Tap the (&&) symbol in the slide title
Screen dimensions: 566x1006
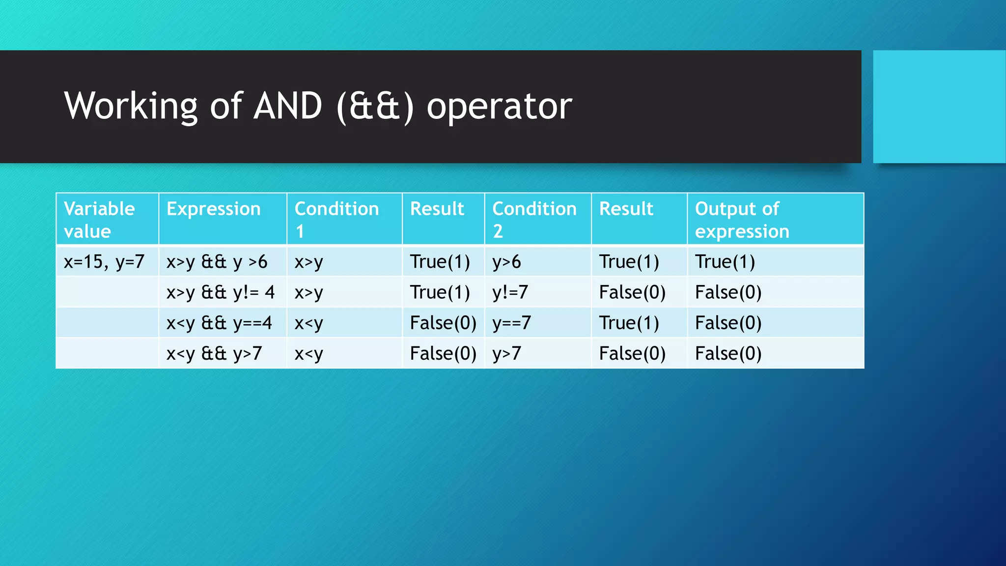[x=375, y=106]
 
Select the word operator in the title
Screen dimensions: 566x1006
[x=499, y=106]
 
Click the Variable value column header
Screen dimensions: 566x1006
[x=99, y=220]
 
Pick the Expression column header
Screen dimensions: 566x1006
[x=213, y=209]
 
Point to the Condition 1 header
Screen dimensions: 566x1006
[x=336, y=220]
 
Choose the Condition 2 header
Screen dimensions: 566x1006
[x=534, y=220]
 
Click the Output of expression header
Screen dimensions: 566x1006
[x=742, y=220]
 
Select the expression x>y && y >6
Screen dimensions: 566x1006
[x=217, y=262]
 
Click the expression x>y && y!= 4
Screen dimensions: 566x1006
[x=220, y=292]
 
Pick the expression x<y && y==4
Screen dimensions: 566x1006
[x=219, y=323]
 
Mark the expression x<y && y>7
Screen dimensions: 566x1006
[x=214, y=353]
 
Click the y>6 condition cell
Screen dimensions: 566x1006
[x=506, y=262]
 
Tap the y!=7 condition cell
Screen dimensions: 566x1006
[x=510, y=292]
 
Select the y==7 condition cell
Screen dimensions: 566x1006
[x=511, y=323]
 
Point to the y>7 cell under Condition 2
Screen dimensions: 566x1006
[x=506, y=353]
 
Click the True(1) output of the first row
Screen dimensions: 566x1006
[x=725, y=262]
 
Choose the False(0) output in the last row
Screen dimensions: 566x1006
[x=728, y=353]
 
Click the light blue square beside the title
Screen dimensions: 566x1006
[x=939, y=107]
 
